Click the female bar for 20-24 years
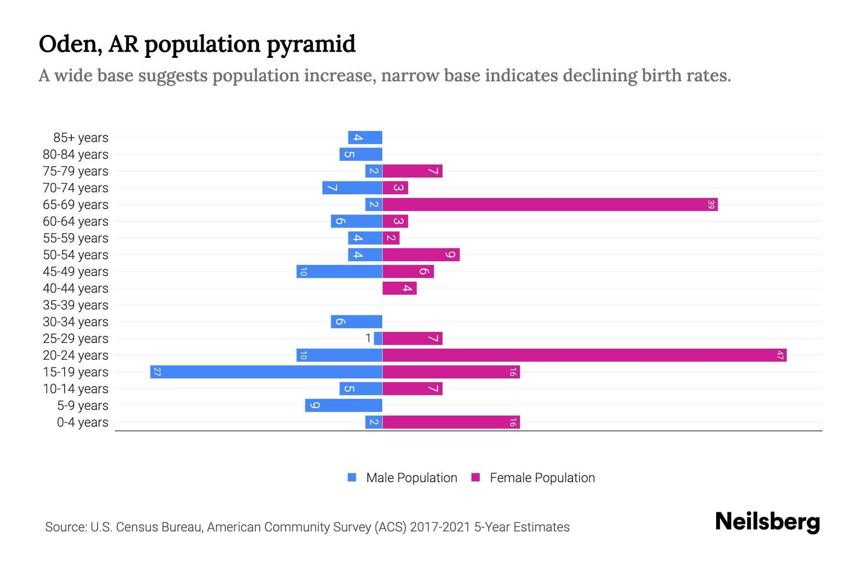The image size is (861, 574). point(585,355)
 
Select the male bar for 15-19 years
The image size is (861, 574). point(266,372)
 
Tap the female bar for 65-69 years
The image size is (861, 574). point(550,204)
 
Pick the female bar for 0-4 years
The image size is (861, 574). point(451,422)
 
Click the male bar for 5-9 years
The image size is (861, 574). point(343,405)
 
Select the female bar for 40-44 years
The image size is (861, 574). point(399,288)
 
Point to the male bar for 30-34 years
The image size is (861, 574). point(356,321)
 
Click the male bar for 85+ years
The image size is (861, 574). point(365,137)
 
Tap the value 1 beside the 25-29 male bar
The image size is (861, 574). point(368,338)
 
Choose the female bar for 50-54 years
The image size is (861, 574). point(421,254)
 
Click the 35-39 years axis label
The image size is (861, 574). point(76,305)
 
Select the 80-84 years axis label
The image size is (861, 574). point(76,154)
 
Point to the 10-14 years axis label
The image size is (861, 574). point(76,388)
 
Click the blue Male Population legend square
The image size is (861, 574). point(352,477)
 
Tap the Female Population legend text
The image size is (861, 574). point(542,477)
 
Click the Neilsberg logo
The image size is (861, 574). point(767,521)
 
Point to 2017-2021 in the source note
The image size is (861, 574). point(440,527)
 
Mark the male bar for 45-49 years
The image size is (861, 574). point(339,271)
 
